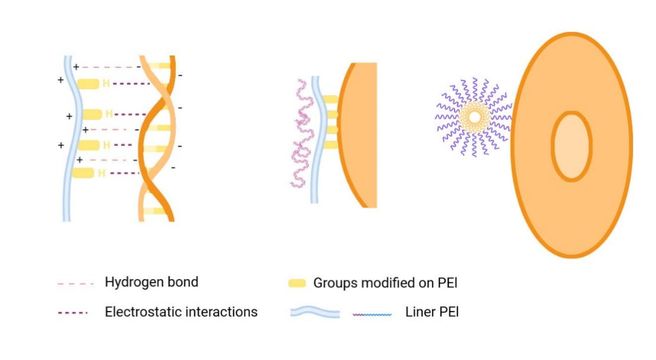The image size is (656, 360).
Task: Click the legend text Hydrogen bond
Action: tap(151, 282)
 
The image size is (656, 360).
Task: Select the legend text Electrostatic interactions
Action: tap(181, 312)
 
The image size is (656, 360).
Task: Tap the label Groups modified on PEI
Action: tap(385, 283)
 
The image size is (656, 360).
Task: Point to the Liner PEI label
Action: tap(432, 312)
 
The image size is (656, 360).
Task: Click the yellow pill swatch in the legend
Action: tap(297, 283)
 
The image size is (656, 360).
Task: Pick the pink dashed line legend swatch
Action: tap(75, 284)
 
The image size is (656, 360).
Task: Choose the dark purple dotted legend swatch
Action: tap(73, 313)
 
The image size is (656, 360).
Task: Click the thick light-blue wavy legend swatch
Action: tap(315, 312)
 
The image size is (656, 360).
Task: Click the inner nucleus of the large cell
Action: tap(571, 146)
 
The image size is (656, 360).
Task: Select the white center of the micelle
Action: tap(475, 117)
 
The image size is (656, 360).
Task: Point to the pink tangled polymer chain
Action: tap(303, 133)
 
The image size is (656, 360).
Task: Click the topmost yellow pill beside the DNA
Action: tap(88, 84)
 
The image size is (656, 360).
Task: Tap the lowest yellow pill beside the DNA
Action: tap(83, 173)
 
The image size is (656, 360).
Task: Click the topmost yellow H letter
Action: tap(106, 84)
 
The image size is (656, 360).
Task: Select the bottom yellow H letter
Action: tap(101, 173)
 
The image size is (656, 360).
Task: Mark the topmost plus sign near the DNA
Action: tap(76, 67)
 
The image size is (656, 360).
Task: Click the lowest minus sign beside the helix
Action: tap(173, 168)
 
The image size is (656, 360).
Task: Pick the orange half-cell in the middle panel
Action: tap(358, 135)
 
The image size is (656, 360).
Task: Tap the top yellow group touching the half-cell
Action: tap(330, 100)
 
